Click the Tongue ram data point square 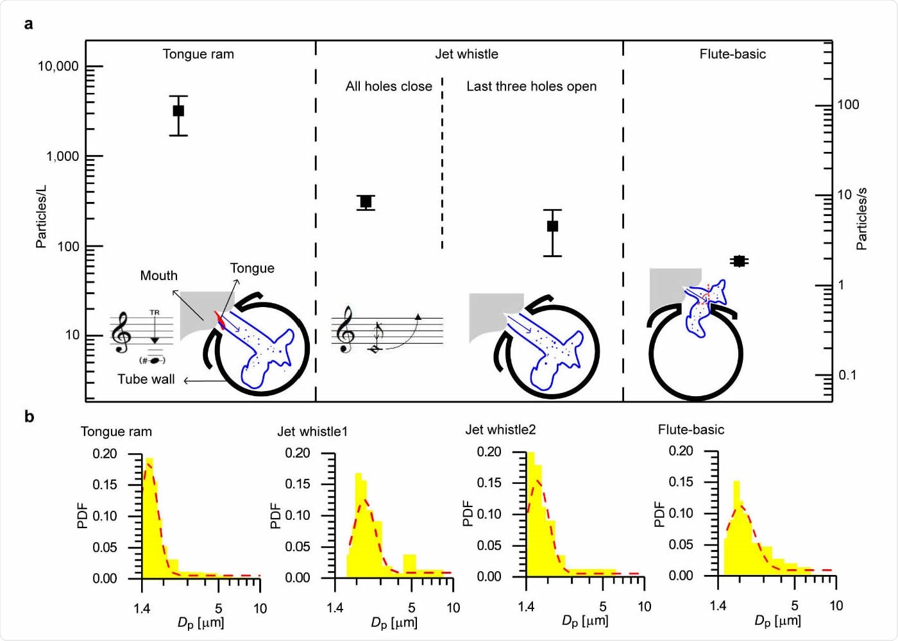coord(178,111)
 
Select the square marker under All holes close coord(366,202)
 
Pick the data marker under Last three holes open coord(552,226)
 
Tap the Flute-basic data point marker coord(739,261)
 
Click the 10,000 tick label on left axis coord(58,67)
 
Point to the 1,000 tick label coord(62,156)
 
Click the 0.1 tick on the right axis coord(847,375)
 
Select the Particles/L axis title coord(41,217)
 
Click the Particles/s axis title coord(861,219)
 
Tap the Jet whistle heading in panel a coord(466,54)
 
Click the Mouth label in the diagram coord(158,276)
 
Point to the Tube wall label coord(146,379)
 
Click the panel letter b coord(29,417)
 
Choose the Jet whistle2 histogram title coord(500,429)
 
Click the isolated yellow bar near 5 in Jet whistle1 coord(409,564)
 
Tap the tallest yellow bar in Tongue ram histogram coord(149,518)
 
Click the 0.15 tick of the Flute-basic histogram coord(681,482)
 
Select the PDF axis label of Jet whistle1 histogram coord(276,516)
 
